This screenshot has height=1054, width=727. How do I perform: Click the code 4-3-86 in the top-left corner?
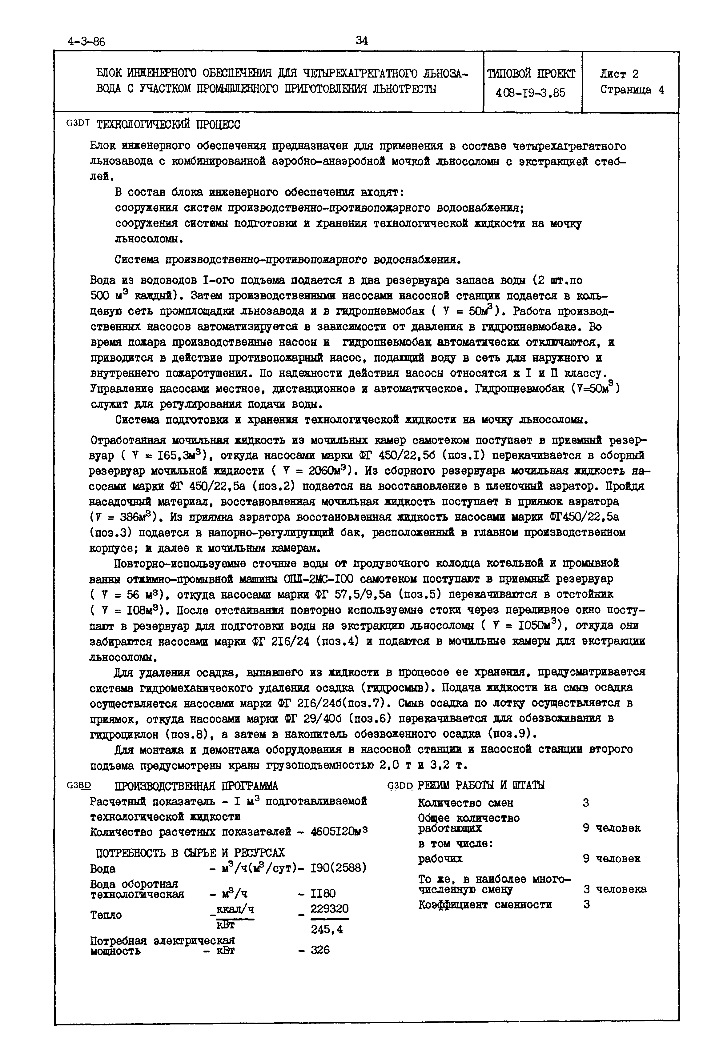pyautogui.click(x=86, y=42)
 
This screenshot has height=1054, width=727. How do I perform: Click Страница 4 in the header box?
pyautogui.click(x=632, y=90)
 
